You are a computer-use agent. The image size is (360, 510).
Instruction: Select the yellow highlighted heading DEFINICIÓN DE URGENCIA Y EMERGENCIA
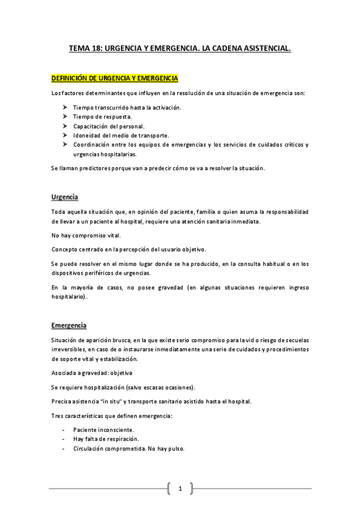114,79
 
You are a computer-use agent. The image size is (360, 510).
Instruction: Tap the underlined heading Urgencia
65,197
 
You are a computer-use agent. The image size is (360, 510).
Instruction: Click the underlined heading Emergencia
69,325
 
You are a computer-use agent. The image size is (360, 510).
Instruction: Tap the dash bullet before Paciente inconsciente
64,430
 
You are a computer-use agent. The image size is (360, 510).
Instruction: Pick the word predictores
90,168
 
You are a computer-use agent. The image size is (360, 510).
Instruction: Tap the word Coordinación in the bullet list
92,145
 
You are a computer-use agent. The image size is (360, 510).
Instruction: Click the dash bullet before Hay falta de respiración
64,439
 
